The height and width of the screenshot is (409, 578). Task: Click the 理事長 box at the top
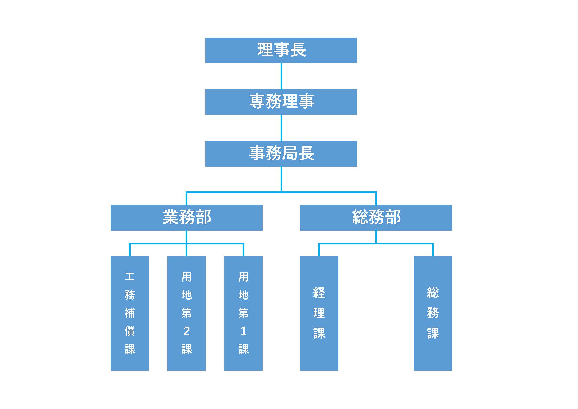pyautogui.click(x=281, y=50)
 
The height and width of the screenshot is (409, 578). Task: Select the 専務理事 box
pyautogui.click(x=281, y=102)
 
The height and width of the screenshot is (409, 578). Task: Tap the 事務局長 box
pyautogui.click(x=281, y=154)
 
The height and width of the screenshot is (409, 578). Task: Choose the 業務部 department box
pyautogui.click(x=187, y=218)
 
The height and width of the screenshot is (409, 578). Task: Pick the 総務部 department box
pyautogui.click(x=376, y=218)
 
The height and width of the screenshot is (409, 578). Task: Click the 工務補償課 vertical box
pyautogui.click(x=130, y=313)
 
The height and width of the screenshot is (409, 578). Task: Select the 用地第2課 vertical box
pyautogui.click(x=187, y=313)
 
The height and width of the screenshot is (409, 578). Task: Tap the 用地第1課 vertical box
pyautogui.click(x=244, y=313)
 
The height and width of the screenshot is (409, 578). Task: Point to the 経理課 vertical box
pyautogui.click(x=319, y=313)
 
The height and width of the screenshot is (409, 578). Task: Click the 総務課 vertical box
pyautogui.click(x=433, y=313)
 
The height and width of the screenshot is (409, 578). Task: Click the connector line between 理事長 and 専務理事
pyautogui.click(x=281, y=76)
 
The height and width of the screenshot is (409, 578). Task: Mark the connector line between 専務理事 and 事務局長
pyautogui.click(x=281, y=128)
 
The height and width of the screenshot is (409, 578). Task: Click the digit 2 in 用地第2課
pyautogui.click(x=187, y=331)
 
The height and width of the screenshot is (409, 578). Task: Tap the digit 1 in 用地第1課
pyautogui.click(x=243, y=331)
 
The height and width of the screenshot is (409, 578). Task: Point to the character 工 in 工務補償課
pyautogui.click(x=130, y=277)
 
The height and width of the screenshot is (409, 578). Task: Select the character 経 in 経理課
pyautogui.click(x=319, y=293)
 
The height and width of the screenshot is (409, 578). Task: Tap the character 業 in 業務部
pyautogui.click(x=171, y=217)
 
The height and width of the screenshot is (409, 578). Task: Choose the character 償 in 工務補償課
pyautogui.click(x=130, y=331)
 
